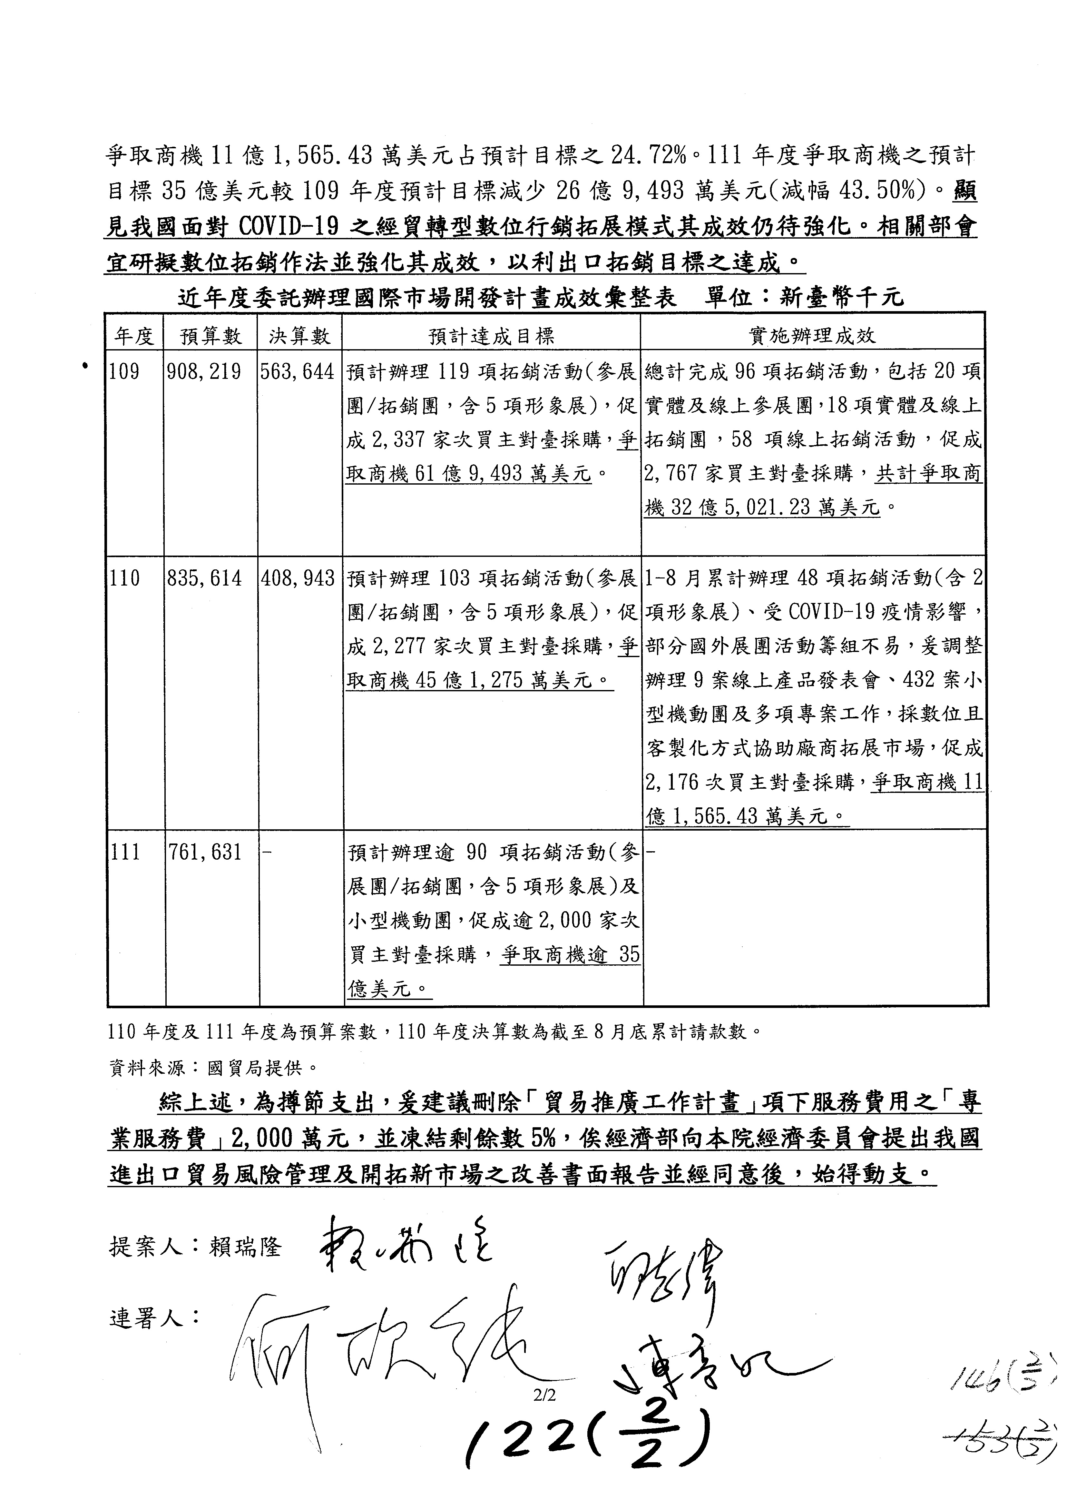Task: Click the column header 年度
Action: [135, 337]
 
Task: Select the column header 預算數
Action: [211, 337]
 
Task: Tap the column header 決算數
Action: [299, 337]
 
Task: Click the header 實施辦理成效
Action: [813, 337]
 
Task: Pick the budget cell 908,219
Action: [204, 372]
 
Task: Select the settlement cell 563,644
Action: [298, 372]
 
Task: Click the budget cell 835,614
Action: [204, 578]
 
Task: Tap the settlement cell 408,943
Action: [298, 578]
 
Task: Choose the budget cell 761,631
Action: [204, 853]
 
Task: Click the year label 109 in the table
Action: [125, 372]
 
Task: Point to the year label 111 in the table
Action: [125, 853]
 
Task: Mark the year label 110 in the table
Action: [125, 578]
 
